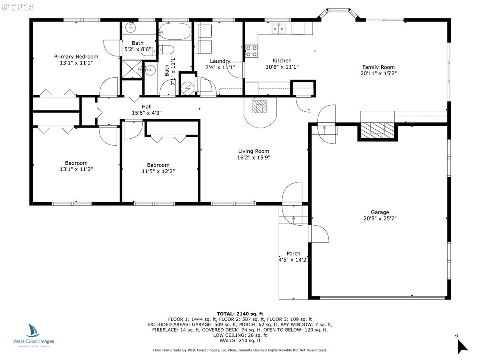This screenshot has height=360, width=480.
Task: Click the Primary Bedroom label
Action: pos(76,57)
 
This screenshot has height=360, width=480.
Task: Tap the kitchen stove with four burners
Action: pos(251,51)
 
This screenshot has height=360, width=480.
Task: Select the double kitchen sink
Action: pos(279,28)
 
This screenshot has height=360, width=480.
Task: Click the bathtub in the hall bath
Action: pos(174,31)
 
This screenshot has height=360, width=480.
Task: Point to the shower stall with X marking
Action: pos(132,69)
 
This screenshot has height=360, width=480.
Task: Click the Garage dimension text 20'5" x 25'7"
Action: pos(380,218)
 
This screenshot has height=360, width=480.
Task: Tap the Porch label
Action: pos(293,254)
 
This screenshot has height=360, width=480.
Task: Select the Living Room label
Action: pos(254,151)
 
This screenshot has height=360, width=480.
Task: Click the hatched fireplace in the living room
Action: pos(259,107)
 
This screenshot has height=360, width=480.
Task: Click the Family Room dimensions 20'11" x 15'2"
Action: pos(378,73)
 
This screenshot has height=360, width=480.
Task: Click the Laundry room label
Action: pos(220,61)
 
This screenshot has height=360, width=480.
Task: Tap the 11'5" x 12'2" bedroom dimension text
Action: pos(158,171)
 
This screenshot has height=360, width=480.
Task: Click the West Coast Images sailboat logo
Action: pos(33,330)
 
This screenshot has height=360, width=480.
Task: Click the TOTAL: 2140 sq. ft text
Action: pos(240,314)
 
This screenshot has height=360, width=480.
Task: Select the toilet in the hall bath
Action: pos(166,50)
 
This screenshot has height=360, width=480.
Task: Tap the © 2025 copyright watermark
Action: pos(18,7)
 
